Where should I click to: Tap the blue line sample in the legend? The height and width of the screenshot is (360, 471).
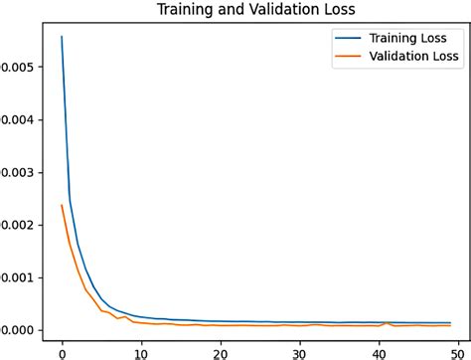click(x=349, y=39)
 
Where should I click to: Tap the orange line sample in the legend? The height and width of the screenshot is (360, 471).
click(x=349, y=58)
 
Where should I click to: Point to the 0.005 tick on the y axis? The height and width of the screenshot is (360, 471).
click(x=17, y=67)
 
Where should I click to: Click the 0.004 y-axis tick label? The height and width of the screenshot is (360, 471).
click(x=17, y=119)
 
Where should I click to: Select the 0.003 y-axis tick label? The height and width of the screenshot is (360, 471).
click(x=17, y=172)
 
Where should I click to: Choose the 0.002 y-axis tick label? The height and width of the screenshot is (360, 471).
click(x=17, y=225)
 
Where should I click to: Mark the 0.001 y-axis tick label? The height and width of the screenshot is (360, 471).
click(x=17, y=277)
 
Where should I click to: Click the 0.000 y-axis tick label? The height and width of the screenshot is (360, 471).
click(x=17, y=330)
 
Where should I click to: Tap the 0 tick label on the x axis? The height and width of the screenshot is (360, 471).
click(x=62, y=351)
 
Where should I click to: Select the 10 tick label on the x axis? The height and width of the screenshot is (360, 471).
click(x=141, y=351)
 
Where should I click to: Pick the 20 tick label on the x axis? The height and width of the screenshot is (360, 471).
click(x=221, y=351)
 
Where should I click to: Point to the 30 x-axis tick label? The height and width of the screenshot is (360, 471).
click(x=299, y=351)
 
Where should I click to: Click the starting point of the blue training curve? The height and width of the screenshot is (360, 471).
click(x=62, y=37)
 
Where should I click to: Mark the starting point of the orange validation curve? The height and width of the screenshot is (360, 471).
click(x=62, y=205)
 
